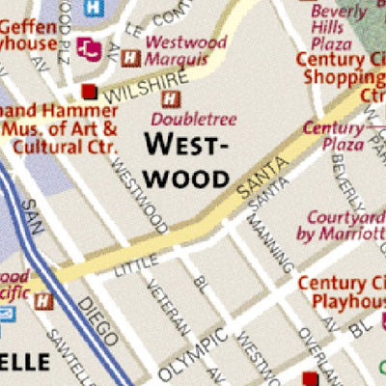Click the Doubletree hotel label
click(189, 118)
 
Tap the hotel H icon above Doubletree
click(171, 98)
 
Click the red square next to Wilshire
click(90, 92)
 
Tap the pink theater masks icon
click(90, 45)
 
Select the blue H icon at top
click(94, 8)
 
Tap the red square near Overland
click(310, 377)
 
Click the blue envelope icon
click(5, 315)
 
